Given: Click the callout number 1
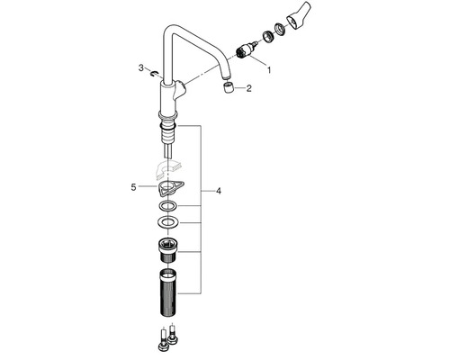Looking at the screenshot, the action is point(269,70).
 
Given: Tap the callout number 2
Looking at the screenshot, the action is point(249,88).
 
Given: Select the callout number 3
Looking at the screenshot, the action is point(141,68).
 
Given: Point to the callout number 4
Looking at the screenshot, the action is point(219,191).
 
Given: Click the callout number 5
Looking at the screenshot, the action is point(133,187).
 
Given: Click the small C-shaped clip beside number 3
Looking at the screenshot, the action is point(155,73).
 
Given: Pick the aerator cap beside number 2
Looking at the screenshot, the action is point(229,88).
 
